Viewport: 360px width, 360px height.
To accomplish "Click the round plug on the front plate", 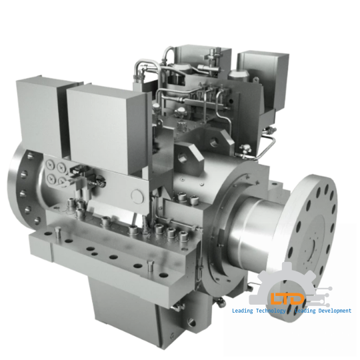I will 138,196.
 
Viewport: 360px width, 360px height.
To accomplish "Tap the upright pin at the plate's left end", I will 59,236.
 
